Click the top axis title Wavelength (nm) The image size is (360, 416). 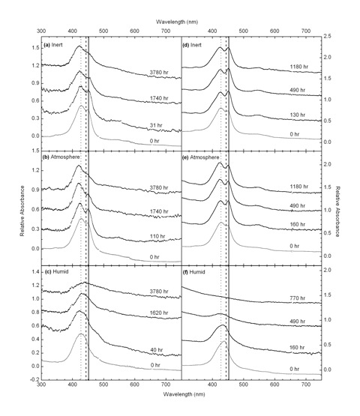pyautogui.click(x=177, y=22)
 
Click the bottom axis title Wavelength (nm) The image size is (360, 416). pyautogui.click(x=184, y=394)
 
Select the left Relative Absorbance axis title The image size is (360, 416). pyautogui.click(x=22, y=211)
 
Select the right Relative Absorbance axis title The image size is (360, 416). pyautogui.click(x=337, y=211)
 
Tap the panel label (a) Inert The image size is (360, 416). pyautogui.click(x=53, y=45)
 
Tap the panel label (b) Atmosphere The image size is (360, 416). pyautogui.click(x=61, y=157)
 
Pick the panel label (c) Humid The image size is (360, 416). pyautogui.click(x=55, y=271)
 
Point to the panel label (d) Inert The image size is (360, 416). pyautogui.click(x=192, y=45)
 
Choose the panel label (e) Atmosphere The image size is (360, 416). pyautogui.click(x=201, y=157)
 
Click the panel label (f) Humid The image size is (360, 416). pyautogui.click(x=193, y=272)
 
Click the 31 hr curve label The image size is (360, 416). pyautogui.click(x=156, y=125)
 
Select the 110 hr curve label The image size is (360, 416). pyautogui.click(x=157, y=236)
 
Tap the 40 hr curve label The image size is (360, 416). pyautogui.click(x=156, y=350)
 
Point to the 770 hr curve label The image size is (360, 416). pyautogui.click(x=297, y=298)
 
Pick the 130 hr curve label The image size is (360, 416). pyautogui.click(x=297, y=115)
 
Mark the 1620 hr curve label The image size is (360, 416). pyautogui.click(x=159, y=313)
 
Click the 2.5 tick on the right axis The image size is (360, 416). pyautogui.click(x=327, y=36)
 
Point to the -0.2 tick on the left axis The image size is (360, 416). pyautogui.click(x=35, y=380)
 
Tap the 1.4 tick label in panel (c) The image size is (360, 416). pyautogui.click(x=36, y=272)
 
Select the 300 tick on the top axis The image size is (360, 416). pyautogui.click(x=41, y=31)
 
